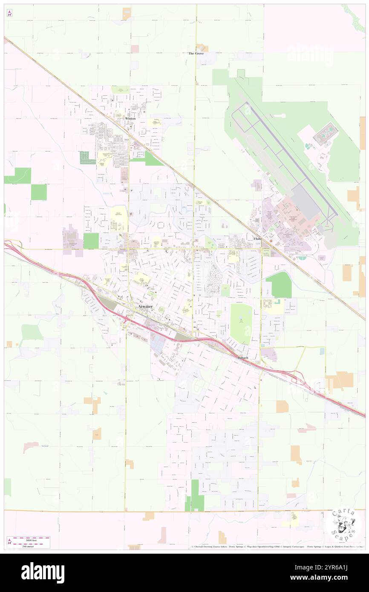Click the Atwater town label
point(145,307)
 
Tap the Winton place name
point(130,118)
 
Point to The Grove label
point(196,54)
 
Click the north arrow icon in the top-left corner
point(10,13)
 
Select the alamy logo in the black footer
point(43,572)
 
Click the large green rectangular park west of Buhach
point(241,324)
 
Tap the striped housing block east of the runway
point(326,134)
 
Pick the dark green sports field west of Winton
point(87,158)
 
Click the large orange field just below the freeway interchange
point(340,380)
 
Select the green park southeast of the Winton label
point(147,159)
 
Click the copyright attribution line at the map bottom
point(277,546)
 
